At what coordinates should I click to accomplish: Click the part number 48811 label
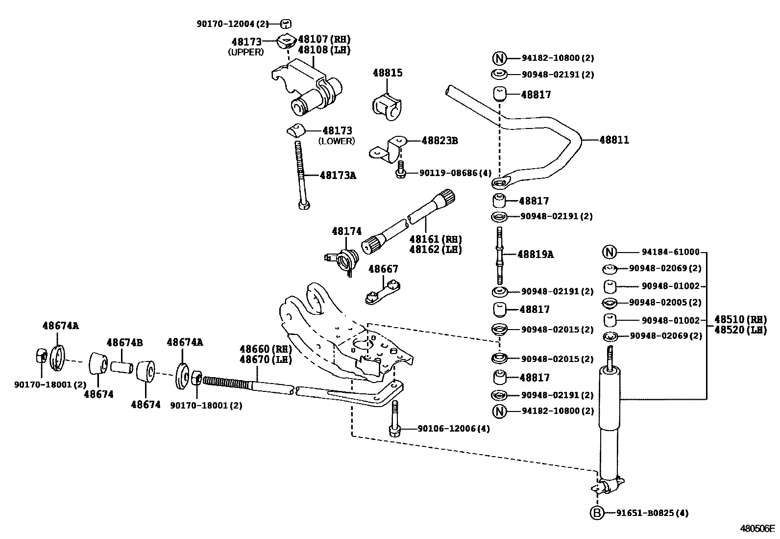[x=614, y=140]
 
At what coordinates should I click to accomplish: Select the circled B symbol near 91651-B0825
[x=596, y=513]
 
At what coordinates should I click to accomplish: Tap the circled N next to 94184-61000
[x=609, y=253]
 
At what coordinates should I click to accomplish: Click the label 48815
[x=387, y=73]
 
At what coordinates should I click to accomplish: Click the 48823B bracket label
[x=439, y=141]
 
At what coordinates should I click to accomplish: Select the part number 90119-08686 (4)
[x=455, y=173]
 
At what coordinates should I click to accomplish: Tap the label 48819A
[x=536, y=254]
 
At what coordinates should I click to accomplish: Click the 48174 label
[x=346, y=231]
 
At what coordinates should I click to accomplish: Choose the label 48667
[x=383, y=269]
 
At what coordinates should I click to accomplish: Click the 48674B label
[x=124, y=342]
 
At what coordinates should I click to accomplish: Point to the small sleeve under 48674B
[x=122, y=367]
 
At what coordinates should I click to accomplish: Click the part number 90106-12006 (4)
[x=453, y=429]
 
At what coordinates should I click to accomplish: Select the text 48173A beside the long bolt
[x=338, y=175]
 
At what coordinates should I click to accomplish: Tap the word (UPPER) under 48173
[x=246, y=52]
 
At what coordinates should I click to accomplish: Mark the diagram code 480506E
[x=757, y=529]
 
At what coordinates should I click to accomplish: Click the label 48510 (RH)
[x=740, y=319]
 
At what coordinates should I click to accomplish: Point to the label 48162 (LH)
[x=436, y=249]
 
